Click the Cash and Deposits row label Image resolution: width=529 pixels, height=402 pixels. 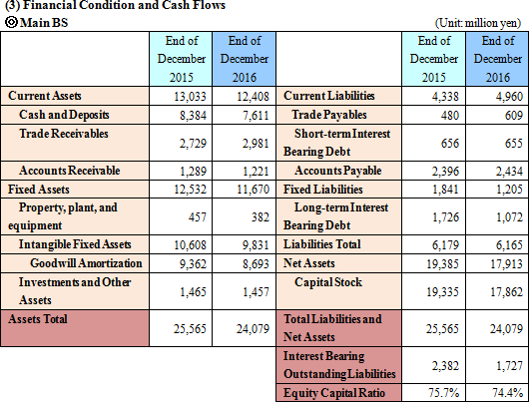point(64,115)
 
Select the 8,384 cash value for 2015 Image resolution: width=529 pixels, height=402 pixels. point(193,116)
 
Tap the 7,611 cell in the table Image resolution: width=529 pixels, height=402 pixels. point(256,116)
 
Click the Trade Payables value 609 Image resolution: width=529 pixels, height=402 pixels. point(514,116)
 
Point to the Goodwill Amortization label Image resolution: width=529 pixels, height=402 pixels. point(86,263)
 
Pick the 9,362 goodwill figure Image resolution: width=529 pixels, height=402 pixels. point(193,263)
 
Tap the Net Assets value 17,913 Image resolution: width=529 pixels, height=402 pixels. point(506,263)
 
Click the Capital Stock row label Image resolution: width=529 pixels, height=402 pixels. point(328,282)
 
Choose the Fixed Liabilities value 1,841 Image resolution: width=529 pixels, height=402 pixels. point(445,190)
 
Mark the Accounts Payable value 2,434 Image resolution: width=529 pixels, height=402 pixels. point(509,171)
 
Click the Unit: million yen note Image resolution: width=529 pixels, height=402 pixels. point(478,23)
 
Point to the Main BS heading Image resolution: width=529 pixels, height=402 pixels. point(44,23)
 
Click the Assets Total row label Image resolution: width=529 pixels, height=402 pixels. point(38,319)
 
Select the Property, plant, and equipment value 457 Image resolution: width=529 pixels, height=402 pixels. point(198,216)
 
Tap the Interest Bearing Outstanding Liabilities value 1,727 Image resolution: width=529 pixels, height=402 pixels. point(509,366)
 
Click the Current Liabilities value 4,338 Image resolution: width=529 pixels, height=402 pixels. point(445,97)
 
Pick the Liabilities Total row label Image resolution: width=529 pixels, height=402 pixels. point(321,244)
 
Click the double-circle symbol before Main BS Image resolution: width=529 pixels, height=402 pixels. point(11,23)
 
